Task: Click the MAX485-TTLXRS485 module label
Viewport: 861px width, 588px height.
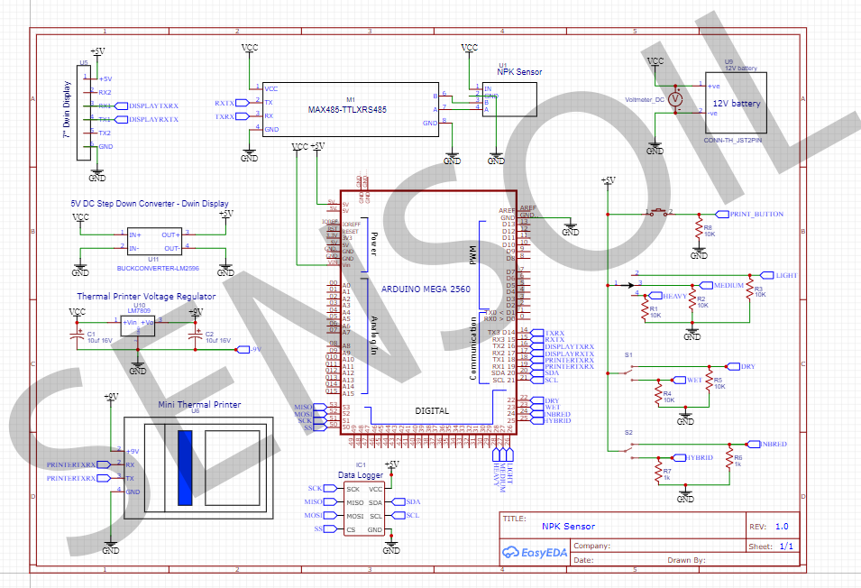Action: [347, 109]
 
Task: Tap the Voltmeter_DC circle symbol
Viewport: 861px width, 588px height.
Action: [682, 99]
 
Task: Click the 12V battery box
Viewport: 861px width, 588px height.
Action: [737, 104]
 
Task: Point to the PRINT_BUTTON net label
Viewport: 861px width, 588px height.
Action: [756, 214]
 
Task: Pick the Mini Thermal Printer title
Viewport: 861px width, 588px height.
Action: [199, 405]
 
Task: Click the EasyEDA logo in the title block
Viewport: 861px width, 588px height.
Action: [534, 551]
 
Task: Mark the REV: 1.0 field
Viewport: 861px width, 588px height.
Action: [769, 526]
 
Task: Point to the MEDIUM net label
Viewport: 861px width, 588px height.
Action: [728, 285]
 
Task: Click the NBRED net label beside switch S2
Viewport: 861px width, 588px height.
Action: [774, 444]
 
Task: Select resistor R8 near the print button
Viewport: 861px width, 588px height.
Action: [698, 232]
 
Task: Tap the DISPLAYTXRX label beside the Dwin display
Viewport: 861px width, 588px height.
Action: [153, 106]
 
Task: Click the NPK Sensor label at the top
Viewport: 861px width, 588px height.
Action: [522, 71]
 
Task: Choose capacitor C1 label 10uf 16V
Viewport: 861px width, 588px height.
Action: [99, 341]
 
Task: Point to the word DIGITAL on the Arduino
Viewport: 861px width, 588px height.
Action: [432, 410]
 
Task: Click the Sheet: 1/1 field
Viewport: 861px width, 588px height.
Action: [772, 546]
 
